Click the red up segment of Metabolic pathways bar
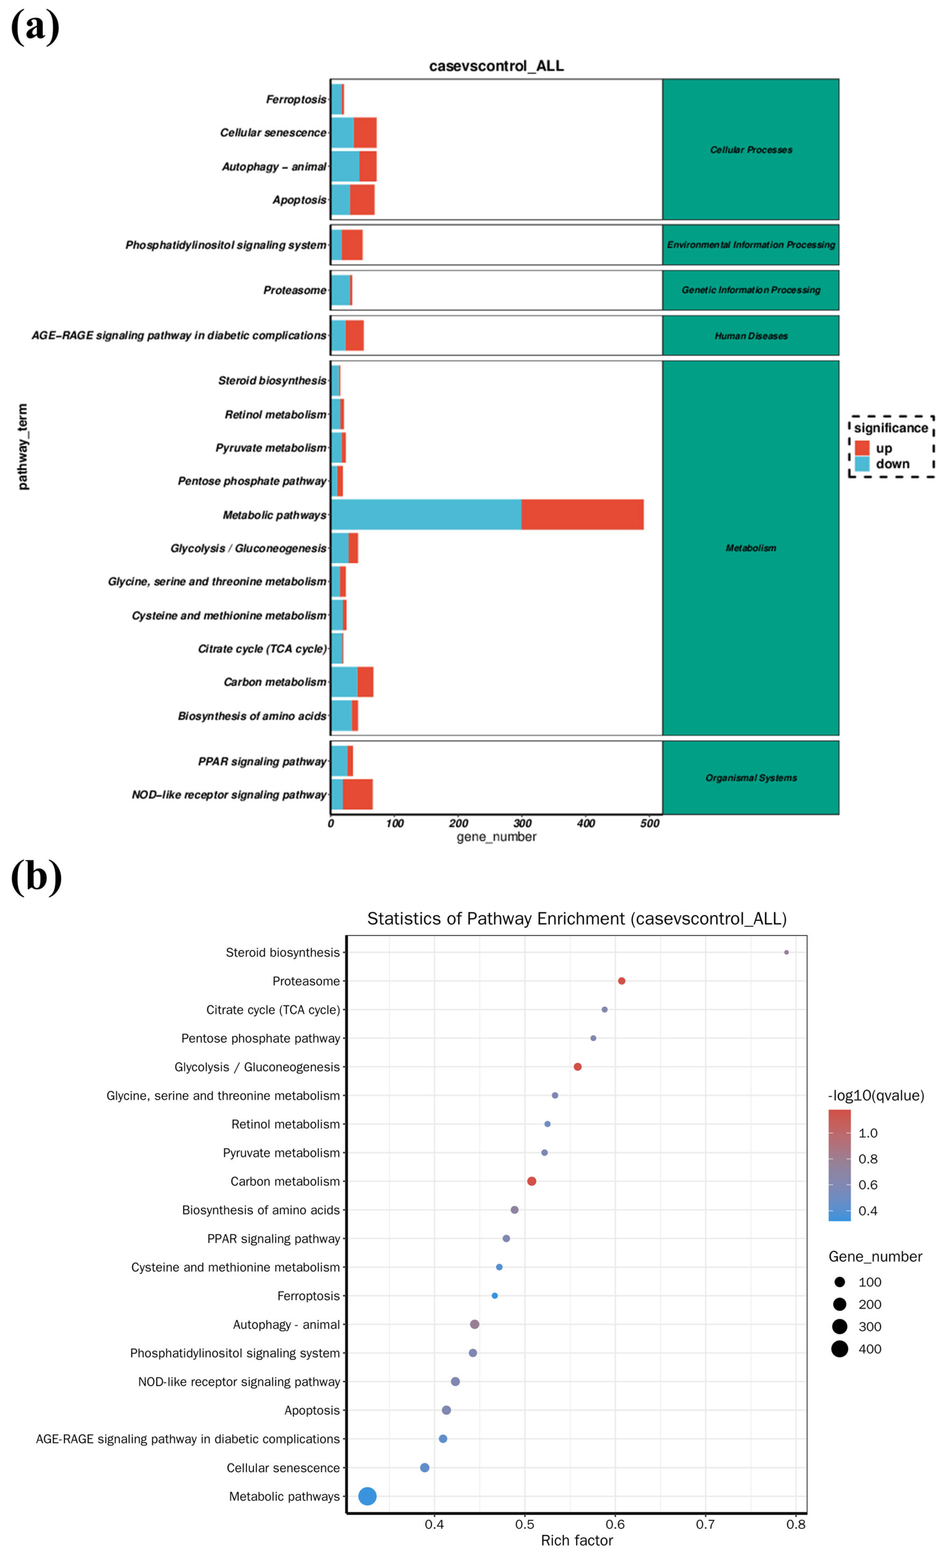[x=582, y=514]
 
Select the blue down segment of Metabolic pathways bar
[x=425, y=514]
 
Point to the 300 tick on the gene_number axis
[x=522, y=823]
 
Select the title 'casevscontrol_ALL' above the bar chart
[x=496, y=66]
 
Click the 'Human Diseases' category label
[x=751, y=336]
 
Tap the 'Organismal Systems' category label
[x=751, y=777]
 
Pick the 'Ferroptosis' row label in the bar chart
[x=296, y=99]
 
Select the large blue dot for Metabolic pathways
[x=367, y=1496]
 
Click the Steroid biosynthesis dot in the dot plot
[x=786, y=952]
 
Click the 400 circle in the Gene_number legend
[x=839, y=1349]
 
